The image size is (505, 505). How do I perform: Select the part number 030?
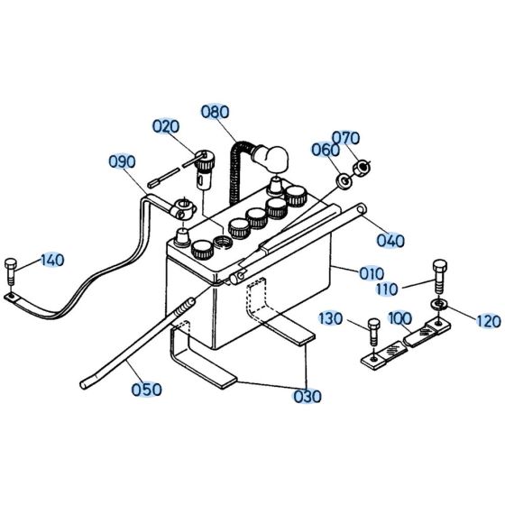pos(306,396)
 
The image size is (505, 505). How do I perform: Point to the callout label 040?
pos(389,240)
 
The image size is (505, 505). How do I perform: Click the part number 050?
pos(146,390)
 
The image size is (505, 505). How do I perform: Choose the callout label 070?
pos(345,138)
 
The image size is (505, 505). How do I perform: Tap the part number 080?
pos(216,113)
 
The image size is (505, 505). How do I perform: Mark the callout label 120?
pos(487,319)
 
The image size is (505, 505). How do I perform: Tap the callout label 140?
pos(51,260)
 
